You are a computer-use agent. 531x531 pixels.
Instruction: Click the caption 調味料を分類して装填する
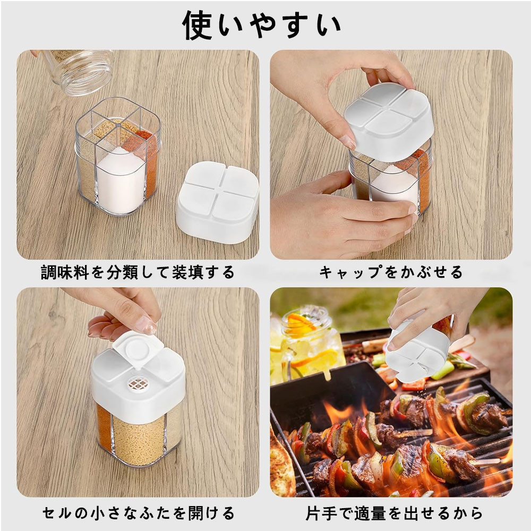(x=138, y=273)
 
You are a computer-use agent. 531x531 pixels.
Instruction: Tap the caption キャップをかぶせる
(x=391, y=273)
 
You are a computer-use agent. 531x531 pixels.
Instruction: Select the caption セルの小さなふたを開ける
(x=138, y=513)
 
